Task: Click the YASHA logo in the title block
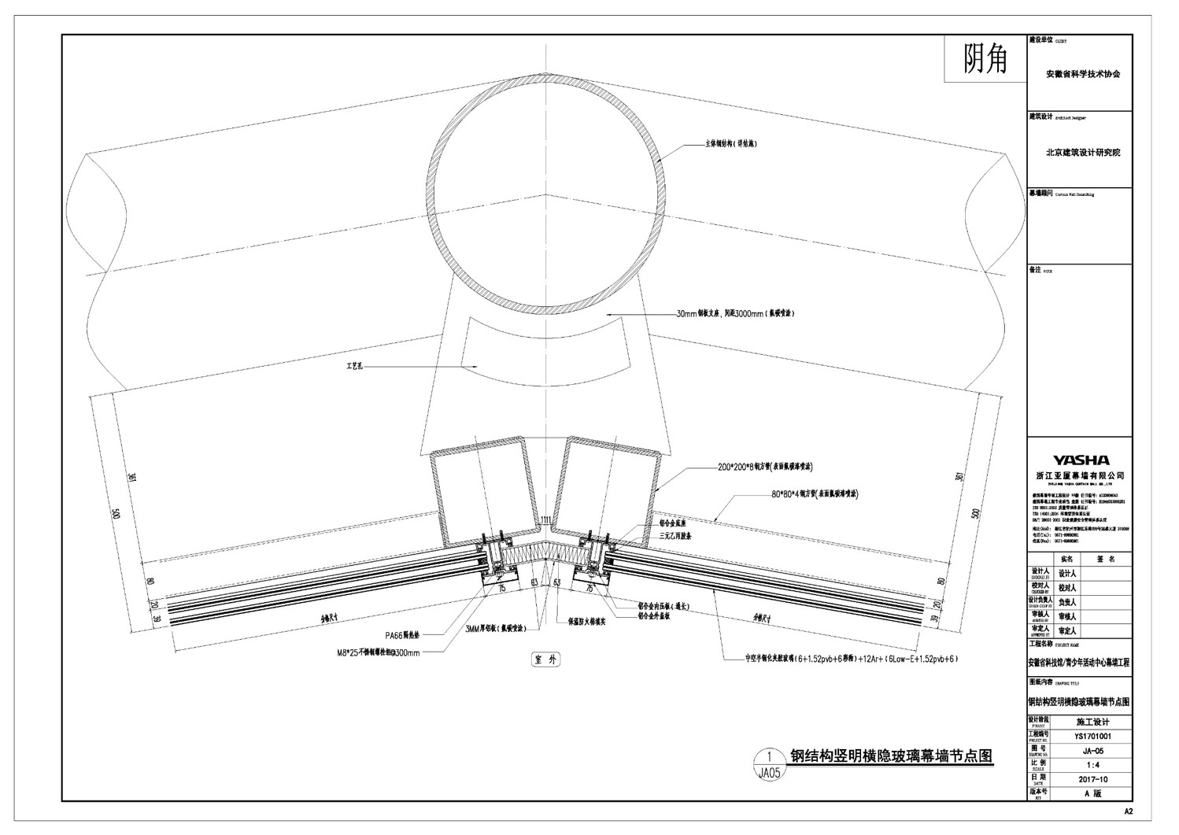[1081, 460]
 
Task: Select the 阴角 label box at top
[985, 59]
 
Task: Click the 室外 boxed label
[544, 660]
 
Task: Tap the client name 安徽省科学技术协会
[1082, 74]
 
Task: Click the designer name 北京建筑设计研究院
[1082, 153]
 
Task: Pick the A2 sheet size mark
[1128, 811]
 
